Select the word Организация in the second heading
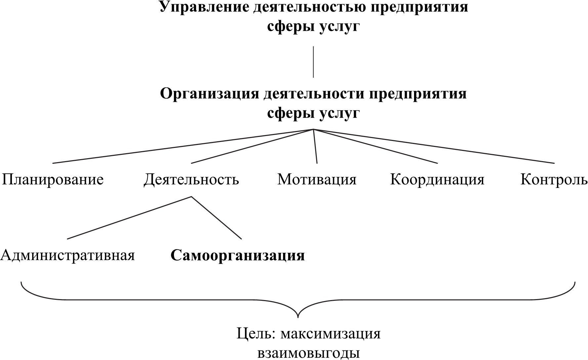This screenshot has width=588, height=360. [209, 94]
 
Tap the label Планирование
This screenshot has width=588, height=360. [53, 180]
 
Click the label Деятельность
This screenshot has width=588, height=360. [191, 180]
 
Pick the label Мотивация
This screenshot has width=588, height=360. [317, 180]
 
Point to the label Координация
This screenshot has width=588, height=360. [437, 180]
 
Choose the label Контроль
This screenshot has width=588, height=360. [554, 180]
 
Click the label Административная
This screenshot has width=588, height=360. [67, 255]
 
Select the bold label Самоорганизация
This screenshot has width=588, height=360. [237, 255]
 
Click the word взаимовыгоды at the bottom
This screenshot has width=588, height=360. [308, 353]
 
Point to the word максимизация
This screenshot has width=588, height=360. [331, 334]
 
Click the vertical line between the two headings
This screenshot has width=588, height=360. [313, 62]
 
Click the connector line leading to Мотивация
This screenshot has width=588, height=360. [315, 146]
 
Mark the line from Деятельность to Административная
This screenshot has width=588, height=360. [129, 217]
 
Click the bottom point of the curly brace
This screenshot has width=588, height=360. [298, 317]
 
